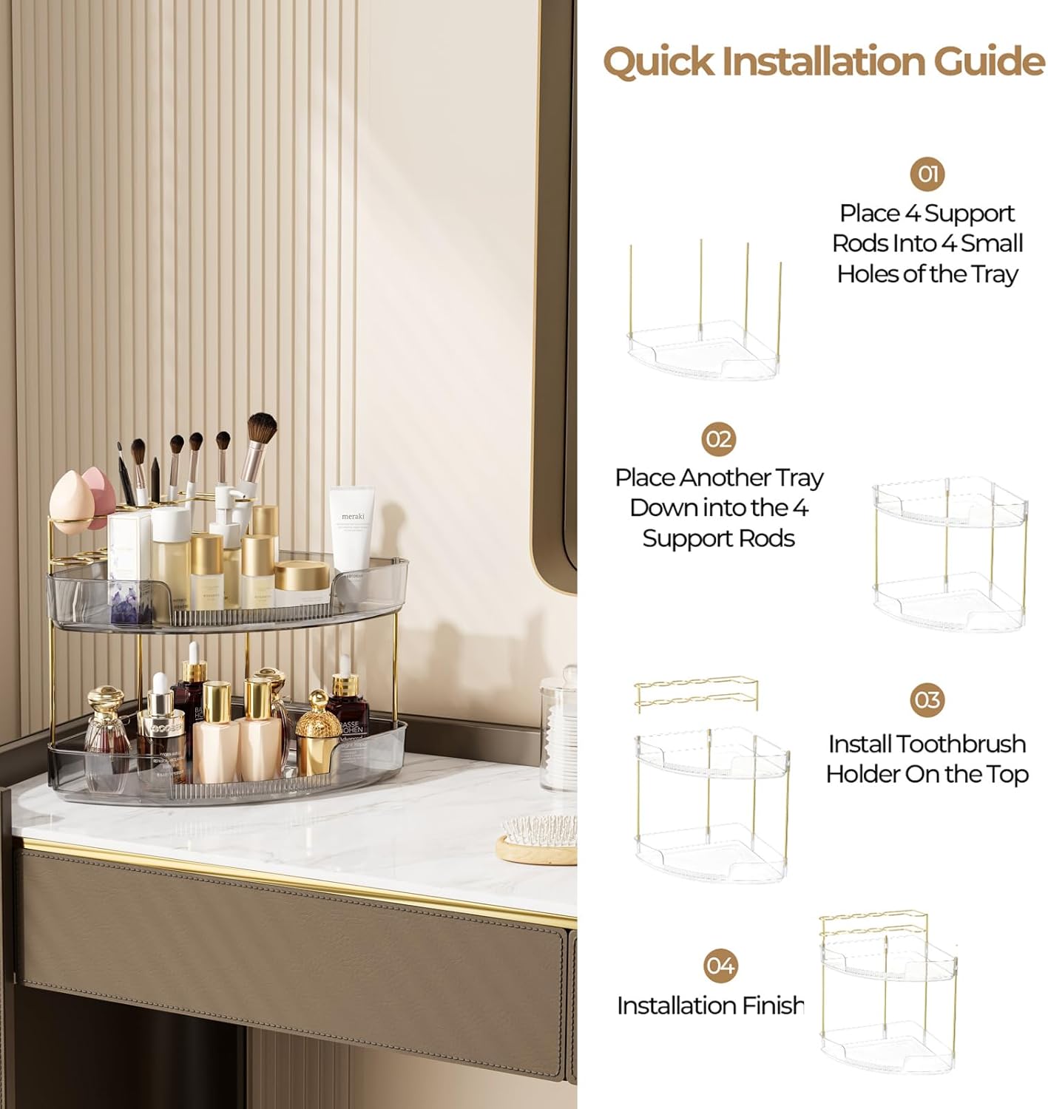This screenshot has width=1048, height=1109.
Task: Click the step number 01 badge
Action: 927,174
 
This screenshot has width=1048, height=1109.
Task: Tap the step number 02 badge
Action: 718,439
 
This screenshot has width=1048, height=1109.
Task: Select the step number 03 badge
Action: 927,699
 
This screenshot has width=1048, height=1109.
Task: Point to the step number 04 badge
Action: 720,966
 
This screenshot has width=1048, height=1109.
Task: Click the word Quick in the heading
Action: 658,61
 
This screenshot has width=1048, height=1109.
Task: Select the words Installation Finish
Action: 710,1005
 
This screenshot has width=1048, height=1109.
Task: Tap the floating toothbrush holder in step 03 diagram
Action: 696,693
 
